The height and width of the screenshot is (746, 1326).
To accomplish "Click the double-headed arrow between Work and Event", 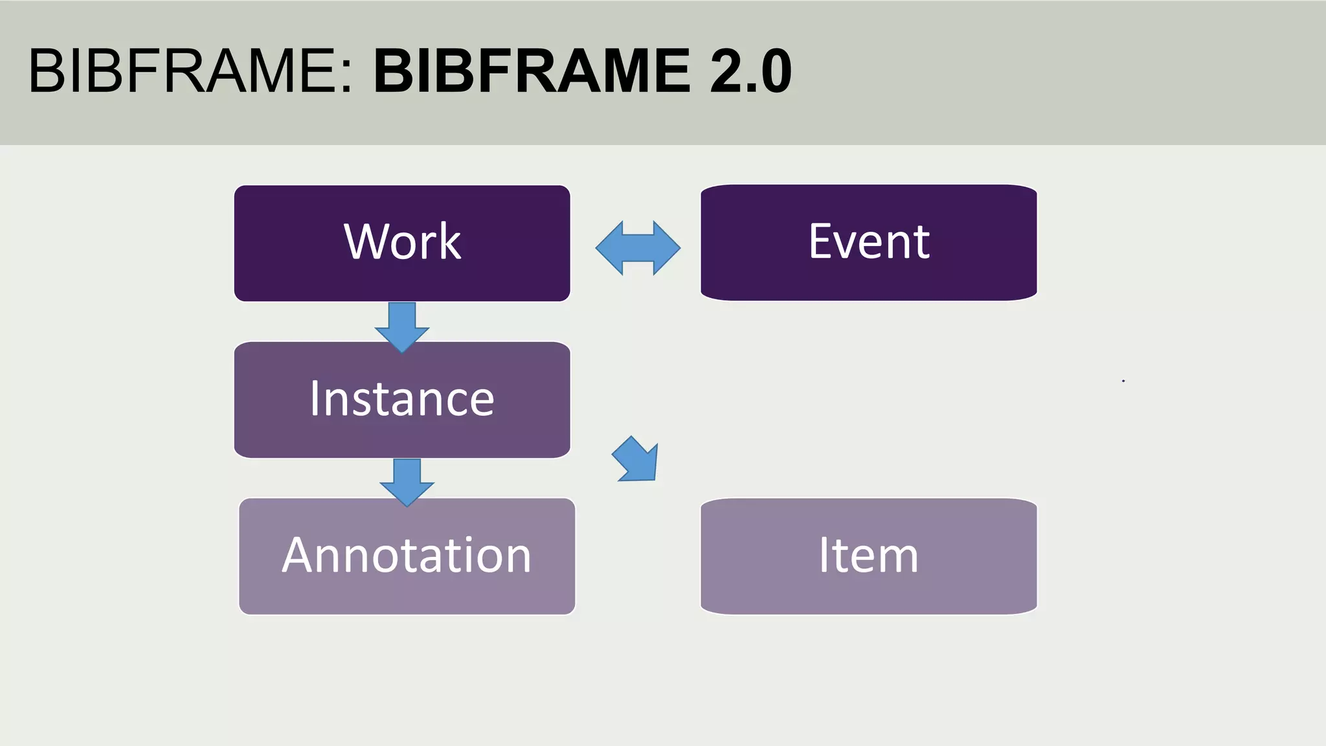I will [x=638, y=248].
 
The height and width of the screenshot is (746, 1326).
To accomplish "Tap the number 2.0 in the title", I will [x=750, y=71].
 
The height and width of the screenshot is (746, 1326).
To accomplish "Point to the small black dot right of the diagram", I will [x=1123, y=381].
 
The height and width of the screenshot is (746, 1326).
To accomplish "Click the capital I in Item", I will [x=825, y=555].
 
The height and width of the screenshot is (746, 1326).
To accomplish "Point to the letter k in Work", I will [x=451, y=242].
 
